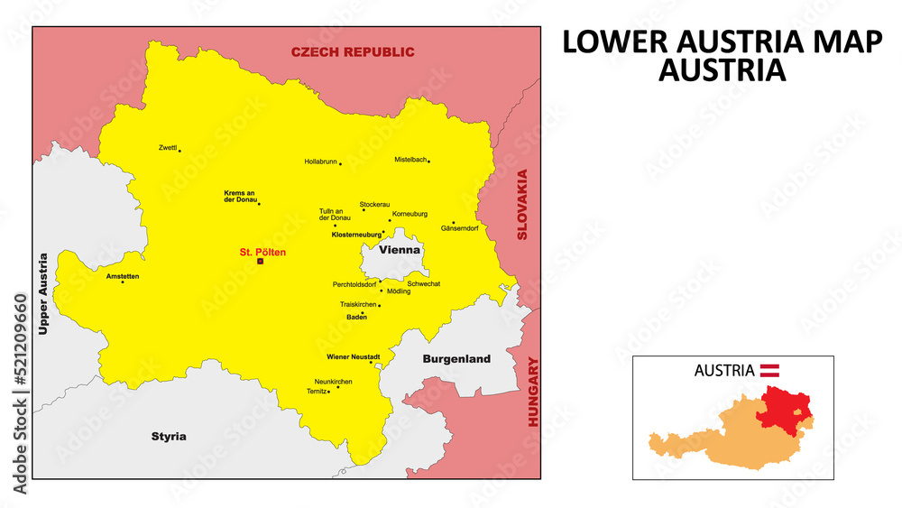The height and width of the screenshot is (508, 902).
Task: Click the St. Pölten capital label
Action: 262,252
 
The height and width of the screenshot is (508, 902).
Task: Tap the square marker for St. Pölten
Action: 261,262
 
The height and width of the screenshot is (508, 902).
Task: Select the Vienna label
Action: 400,249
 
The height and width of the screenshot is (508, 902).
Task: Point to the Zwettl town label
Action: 168,147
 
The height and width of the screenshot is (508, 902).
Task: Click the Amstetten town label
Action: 123,275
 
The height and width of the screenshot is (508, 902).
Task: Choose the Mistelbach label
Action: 410,160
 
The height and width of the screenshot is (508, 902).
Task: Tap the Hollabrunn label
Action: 320,162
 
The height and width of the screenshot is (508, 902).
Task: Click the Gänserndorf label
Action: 459,229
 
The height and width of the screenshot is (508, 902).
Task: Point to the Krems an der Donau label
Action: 239,197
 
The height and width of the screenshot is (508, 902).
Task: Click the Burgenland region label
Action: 456,359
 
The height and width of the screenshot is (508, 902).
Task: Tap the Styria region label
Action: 169,437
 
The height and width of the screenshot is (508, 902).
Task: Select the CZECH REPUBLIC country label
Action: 353,52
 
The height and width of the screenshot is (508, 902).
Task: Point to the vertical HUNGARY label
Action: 533,392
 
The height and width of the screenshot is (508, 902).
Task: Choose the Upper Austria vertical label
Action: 41,294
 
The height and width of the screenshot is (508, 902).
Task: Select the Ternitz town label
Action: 317,391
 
